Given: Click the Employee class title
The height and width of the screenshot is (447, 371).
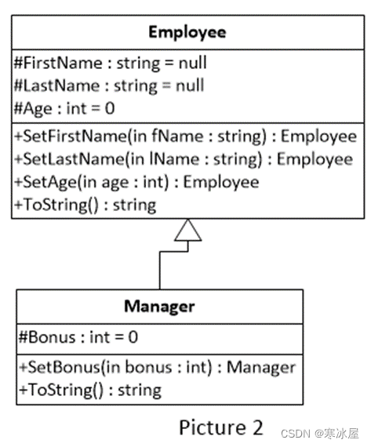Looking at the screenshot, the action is [x=187, y=32].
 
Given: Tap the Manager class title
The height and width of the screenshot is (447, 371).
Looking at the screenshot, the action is [x=159, y=307].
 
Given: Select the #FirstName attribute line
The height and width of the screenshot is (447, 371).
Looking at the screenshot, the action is [x=111, y=63].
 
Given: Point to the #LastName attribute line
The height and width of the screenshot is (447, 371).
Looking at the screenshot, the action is [x=109, y=85].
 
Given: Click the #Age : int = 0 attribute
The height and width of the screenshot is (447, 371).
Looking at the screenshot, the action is [x=64, y=109].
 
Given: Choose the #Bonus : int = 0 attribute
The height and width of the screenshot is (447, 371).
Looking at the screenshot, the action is [x=78, y=337].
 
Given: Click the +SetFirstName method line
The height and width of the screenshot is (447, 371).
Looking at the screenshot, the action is [x=186, y=136].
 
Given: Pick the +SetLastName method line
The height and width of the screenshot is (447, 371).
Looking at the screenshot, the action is [x=184, y=159].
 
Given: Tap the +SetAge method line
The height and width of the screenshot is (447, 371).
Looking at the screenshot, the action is [x=137, y=182].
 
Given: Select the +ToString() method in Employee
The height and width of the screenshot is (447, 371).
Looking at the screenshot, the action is [x=85, y=205].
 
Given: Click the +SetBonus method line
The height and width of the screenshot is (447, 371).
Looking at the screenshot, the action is [x=157, y=367].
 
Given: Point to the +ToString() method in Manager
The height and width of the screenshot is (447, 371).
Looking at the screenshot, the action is [x=90, y=390].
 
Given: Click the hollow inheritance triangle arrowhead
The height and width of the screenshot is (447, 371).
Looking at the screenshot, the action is [x=188, y=231].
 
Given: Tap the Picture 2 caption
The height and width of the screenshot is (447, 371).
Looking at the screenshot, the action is [x=221, y=427].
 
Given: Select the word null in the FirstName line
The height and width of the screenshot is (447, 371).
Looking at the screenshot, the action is [x=193, y=63].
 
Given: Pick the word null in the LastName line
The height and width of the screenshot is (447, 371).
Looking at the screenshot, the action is [x=190, y=85].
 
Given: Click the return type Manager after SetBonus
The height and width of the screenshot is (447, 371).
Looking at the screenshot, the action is [x=261, y=368].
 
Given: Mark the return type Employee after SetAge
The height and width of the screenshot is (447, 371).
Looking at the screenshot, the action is [x=221, y=183].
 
